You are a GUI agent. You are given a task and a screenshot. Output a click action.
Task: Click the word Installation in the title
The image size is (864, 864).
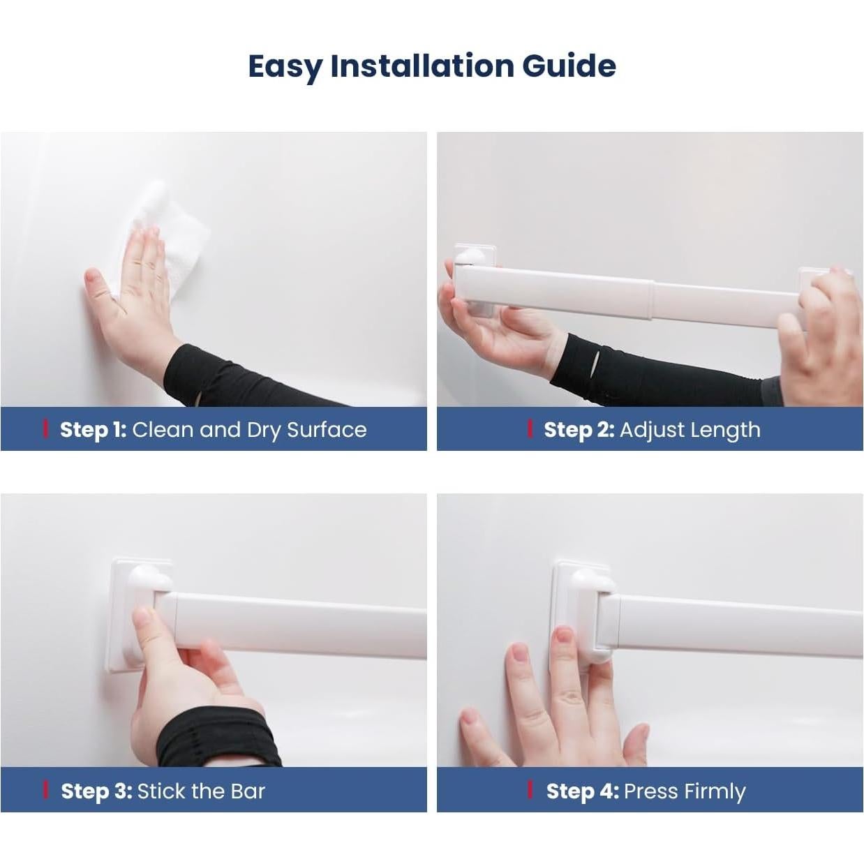tap(422, 66)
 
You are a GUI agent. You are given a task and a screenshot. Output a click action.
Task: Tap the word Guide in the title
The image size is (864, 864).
tap(569, 66)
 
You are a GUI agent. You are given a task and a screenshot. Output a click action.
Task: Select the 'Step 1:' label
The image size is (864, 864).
tap(94, 429)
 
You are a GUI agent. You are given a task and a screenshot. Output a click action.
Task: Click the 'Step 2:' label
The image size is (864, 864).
tap(579, 429)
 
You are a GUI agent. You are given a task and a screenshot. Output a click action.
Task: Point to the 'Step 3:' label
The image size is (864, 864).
tap(96, 791)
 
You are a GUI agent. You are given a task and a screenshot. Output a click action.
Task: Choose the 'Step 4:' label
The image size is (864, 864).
tap(583, 791)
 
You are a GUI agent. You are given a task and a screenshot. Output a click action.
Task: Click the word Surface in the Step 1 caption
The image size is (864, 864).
tap(327, 429)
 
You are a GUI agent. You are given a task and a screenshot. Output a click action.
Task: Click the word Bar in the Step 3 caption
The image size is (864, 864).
tap(248, 791)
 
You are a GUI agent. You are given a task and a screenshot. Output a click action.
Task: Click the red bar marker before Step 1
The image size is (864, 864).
tap(45, 429)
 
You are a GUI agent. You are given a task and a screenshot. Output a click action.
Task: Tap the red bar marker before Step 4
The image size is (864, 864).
tap(530, 791)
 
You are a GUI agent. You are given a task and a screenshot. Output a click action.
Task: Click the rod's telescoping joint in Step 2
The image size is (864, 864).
tap(651, 299)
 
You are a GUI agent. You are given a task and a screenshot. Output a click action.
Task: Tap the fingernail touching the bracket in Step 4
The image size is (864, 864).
tap(564, 636)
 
